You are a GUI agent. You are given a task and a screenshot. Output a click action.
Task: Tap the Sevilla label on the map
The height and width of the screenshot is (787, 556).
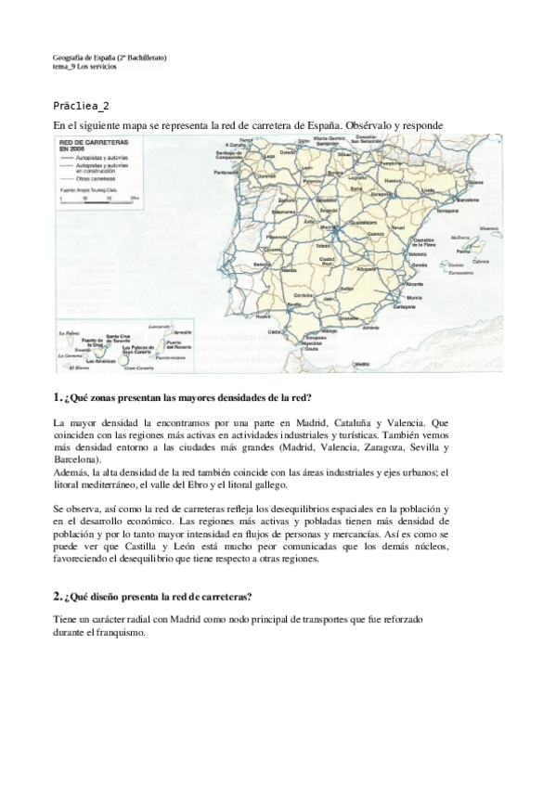click(x=295, y=303)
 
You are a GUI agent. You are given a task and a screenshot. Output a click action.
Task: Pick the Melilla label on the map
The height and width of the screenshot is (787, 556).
click(x=371, y=354)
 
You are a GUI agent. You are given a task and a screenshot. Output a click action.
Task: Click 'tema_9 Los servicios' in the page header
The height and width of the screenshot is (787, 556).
click(x=85, y=67)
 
